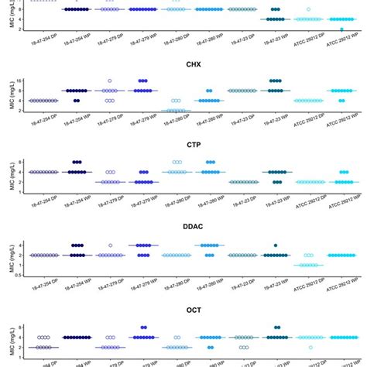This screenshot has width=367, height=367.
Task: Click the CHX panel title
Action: coord(194,65)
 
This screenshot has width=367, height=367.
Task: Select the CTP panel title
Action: coord(194,146)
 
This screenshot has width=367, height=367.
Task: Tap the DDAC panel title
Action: coord(194,228)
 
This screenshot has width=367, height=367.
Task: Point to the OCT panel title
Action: coord(194,311)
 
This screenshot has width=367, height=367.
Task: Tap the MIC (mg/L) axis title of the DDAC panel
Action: coord(5,259)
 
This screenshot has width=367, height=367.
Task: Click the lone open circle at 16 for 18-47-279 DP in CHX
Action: coord(110,81)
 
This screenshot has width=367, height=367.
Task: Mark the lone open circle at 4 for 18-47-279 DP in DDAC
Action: coord(110,245)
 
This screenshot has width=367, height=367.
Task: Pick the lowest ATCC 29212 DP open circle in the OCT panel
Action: coord(310,347)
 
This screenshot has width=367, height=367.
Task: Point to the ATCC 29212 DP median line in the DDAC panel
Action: coord(310,265)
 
